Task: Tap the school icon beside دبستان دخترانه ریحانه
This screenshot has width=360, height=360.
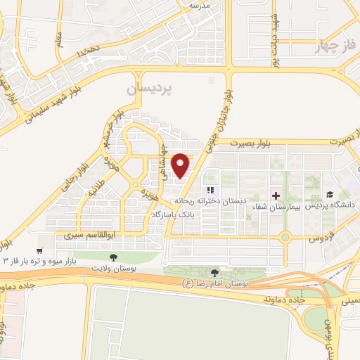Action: click(209, 191)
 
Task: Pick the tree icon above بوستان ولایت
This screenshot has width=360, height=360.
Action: click(114, 257)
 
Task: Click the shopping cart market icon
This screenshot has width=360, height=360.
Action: click(39, 250)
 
